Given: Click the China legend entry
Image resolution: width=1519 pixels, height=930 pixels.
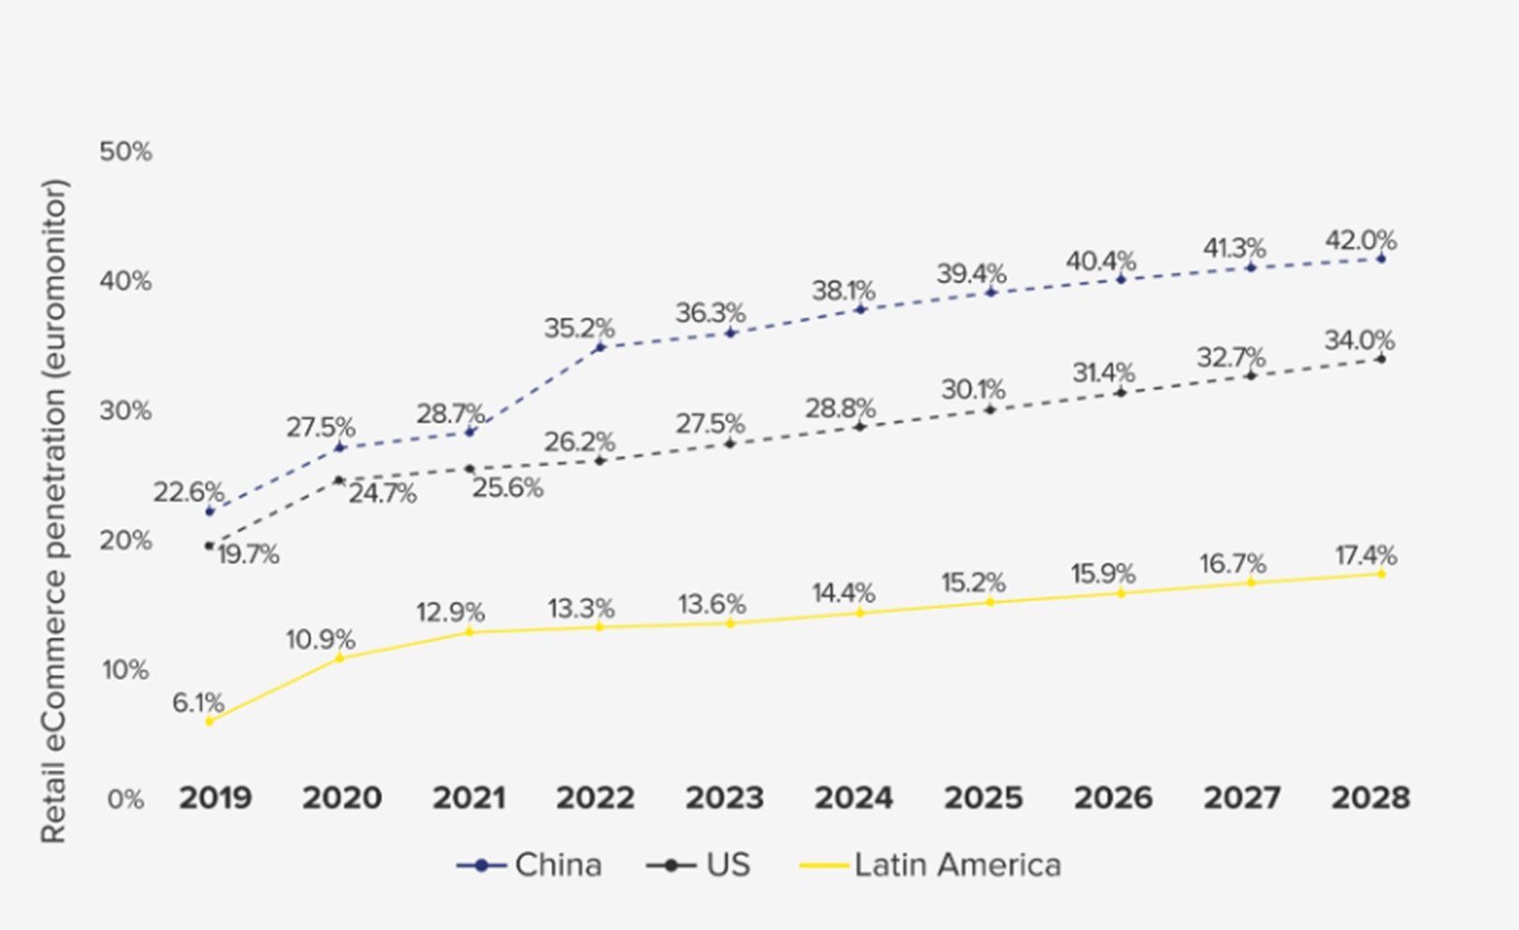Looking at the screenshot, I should (530, 865).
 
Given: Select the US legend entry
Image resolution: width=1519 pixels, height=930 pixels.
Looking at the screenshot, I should (699, 865).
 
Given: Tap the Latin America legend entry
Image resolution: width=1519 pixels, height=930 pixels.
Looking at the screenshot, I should (931, 865).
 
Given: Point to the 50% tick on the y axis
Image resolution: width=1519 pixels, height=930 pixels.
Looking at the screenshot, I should (125, 152).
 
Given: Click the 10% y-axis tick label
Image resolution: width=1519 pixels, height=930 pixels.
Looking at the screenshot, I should (125, 670).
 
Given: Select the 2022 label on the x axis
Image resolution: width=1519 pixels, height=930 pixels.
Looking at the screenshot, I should (595, 798).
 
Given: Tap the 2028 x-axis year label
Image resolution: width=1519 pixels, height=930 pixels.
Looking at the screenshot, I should (1370, 798).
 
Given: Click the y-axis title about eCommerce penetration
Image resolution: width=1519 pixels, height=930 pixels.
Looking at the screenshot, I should (54, 511).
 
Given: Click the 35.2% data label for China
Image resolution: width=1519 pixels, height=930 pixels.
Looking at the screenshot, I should (579, 328).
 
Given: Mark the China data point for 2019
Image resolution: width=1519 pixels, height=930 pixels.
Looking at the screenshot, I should (210, 512).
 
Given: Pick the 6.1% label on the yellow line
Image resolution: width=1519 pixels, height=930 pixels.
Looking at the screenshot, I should (198, 703).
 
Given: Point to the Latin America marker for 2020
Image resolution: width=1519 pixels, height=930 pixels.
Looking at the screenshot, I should (340, 658).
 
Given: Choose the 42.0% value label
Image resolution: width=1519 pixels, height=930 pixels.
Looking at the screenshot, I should (1360, 240).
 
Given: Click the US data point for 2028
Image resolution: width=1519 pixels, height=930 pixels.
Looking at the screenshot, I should (1382, 359).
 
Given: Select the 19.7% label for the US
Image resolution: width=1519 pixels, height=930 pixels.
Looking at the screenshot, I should (248, 555).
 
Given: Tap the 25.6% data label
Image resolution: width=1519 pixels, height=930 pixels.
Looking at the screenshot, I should (507, 487).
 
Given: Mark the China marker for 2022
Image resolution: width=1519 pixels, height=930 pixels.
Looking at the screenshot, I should (600, 347).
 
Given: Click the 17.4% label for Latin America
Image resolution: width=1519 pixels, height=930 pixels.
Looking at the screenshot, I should (1366, 556).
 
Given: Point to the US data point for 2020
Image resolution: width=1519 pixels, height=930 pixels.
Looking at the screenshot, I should (339, 480).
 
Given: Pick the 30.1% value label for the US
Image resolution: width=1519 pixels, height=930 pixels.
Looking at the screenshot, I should (973, 389).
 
